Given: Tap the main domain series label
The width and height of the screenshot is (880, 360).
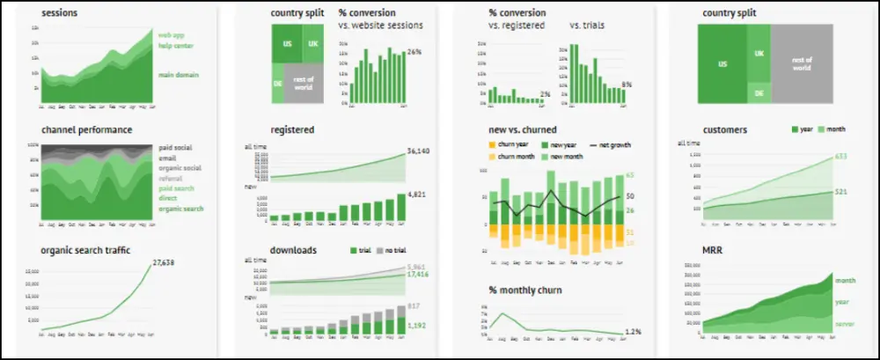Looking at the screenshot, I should tap(178, 75).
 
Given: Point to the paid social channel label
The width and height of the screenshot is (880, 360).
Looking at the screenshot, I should tap(176, 148).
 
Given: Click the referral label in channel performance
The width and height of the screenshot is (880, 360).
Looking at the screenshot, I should tap(171, 178).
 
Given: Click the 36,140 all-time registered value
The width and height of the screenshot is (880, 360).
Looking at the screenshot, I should tap(419, 151).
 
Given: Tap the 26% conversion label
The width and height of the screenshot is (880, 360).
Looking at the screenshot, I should tap(414, 52).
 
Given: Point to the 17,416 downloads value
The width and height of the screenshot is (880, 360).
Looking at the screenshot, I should tap(419, 275).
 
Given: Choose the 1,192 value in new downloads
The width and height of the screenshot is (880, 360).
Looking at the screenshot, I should tap(417, 325).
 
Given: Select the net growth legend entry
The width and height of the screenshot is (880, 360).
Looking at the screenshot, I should tap(608, 144).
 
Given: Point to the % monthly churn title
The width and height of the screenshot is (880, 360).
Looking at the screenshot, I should tap(524, 290).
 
